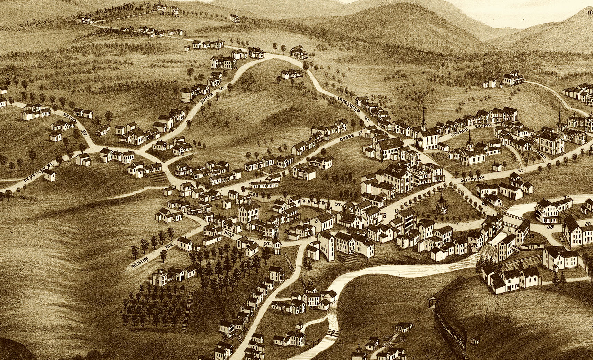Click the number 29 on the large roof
390,142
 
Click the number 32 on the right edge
587,224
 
